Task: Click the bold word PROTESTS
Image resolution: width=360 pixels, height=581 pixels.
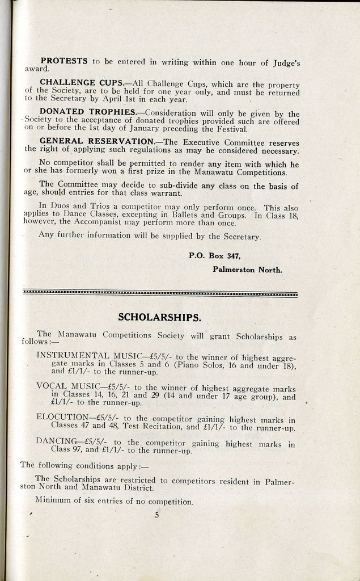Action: [x=63, y=61]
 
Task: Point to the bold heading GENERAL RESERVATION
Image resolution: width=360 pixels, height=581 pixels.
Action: [x=97, y=141]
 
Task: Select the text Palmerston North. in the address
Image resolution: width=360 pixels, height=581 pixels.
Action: [x=247, y=270]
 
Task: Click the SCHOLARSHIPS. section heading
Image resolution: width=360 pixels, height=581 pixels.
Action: [x=159, y=317]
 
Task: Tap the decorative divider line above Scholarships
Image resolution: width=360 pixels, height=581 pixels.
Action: [x=160, y=293]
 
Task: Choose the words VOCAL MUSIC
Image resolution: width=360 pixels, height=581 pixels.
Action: [x=67, y=386]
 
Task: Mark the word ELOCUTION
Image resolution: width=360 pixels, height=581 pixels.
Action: [x=58, y=417]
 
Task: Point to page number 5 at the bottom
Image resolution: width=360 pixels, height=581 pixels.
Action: [x=156, y=516]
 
